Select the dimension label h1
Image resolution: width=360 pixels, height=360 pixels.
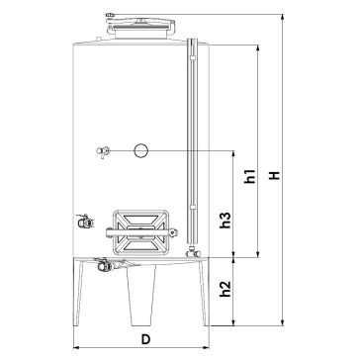pyautogui.click(x=249, y=176)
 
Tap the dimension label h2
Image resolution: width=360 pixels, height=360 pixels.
pyautogui.click(x=225, y=289)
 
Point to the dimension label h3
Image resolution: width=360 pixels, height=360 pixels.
pyautogui.click(x=225, y=220)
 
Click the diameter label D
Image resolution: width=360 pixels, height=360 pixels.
pyautogui.click(x=145, y=339)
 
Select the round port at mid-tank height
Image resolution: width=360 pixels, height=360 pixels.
pyautogui.click(x=141, y=150)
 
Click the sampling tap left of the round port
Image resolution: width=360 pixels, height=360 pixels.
pyautogui.click(x=103, y=151)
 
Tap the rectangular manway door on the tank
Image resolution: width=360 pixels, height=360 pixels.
pyautogui.click(x=141, y=232)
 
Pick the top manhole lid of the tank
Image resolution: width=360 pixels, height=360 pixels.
pyautogui.click(x=140, y=27)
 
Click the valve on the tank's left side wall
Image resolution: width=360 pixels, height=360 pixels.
pyautogui.click(x=85, y=222)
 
